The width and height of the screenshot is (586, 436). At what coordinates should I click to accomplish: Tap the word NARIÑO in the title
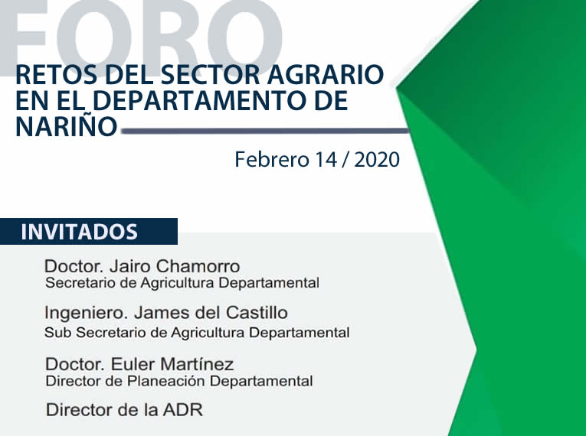point(67,125)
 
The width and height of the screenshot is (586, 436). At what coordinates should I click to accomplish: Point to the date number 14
point(326,160)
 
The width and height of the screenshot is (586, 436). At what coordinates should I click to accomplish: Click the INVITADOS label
point(79,232)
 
